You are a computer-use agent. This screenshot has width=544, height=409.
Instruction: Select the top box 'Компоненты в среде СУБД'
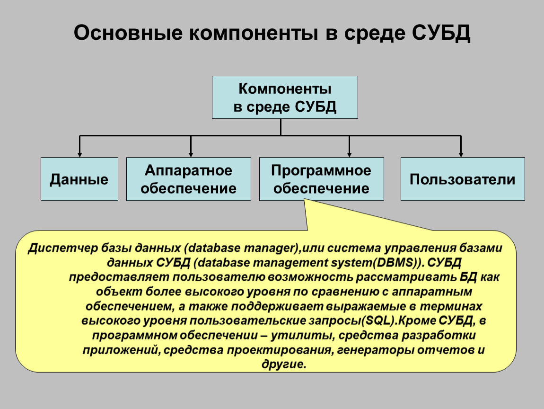coord(284,97)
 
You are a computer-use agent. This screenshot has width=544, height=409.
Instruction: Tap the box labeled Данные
coord(79,179)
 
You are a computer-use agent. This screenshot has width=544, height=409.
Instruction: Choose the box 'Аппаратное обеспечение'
coord(188,179)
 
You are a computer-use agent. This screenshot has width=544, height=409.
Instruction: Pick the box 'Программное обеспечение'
coord(321,179)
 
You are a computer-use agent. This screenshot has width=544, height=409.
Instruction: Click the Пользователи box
coord(462,179)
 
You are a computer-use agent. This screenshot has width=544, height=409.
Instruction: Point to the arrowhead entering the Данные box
coord(80,154)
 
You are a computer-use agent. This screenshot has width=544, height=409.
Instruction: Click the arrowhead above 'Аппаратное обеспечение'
coord(191,154)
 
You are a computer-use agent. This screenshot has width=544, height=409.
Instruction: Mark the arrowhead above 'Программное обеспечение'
coord(349,154)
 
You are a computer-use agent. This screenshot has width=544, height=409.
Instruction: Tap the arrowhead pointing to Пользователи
coord(461,154)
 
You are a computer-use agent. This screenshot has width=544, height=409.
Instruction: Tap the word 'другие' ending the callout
coord(284,364)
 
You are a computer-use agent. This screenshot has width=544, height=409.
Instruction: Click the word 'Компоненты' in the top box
coord(284,89)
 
